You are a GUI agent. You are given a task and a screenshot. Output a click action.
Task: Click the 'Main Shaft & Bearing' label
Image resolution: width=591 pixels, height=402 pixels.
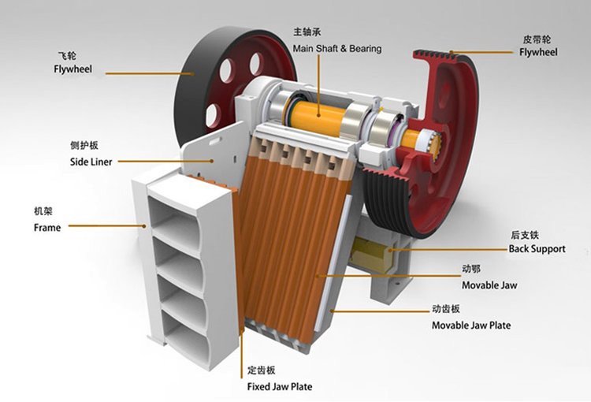[x=337, y=49]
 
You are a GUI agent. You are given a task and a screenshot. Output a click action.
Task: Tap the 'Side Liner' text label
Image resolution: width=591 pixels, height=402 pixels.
[x=91, y=162]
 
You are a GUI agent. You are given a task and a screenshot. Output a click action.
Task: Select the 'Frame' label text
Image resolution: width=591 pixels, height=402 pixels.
[x=47, y=227]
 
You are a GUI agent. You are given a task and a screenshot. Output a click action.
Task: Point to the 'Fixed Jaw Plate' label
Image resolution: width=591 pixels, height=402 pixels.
[x=279, y=386]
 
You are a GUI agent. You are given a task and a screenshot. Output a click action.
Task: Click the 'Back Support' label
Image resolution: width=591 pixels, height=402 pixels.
[x=537, y=248]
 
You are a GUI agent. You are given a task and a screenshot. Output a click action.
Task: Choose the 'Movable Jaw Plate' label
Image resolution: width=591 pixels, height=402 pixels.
[x=471, y=325]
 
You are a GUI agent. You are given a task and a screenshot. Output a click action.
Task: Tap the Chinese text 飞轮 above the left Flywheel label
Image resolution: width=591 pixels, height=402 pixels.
[x=67, y=56]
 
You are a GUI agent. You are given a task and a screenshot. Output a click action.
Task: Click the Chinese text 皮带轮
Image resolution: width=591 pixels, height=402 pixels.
[x=537, y=39]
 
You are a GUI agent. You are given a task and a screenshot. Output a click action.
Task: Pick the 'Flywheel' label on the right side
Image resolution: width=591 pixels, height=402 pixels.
[x=538, y=52]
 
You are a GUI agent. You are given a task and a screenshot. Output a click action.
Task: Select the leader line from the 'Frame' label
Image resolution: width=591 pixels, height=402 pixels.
[x=107, y=226]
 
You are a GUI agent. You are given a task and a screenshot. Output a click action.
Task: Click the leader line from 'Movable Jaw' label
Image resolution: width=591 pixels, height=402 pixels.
[x=388, y=276]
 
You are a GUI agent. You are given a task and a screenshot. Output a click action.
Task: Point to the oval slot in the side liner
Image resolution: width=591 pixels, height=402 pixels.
[x=215, y=141]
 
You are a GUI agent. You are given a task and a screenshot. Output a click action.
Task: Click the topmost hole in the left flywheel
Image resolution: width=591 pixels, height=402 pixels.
[x=255, y=61]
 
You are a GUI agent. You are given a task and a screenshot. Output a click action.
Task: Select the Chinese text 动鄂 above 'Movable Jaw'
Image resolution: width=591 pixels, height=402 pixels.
[x=471, y=269]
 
